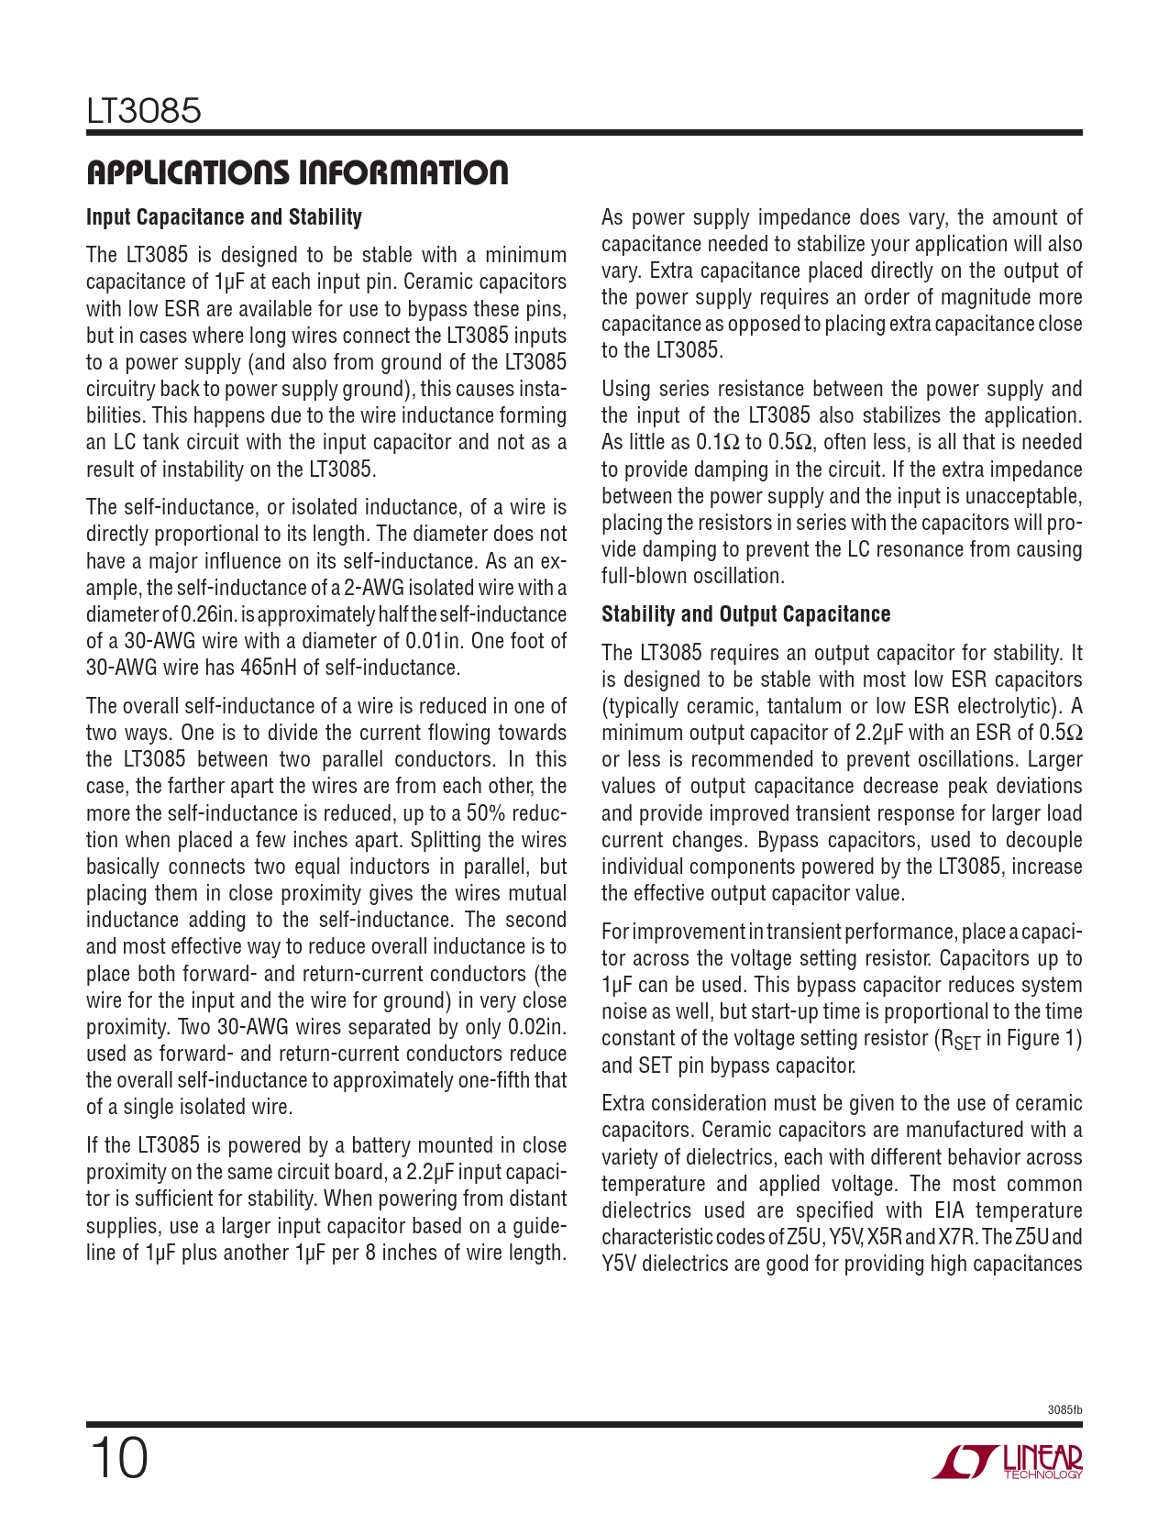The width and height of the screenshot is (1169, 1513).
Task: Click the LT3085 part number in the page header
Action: (x=144, y=112)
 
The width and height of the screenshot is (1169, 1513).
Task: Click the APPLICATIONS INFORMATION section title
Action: (x=297, y=172)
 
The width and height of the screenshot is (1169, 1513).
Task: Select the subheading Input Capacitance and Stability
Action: (x=224, y=217)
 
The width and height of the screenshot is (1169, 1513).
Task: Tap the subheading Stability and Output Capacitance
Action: (x=745, y=614)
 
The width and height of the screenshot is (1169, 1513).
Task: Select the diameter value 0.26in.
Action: (x=210, y=614)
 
